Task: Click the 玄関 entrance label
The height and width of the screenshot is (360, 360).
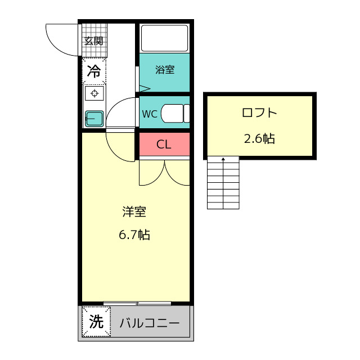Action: pyautogui.click(x=93, y=41)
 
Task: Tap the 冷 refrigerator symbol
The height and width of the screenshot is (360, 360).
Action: pyautogui.click(x=94, y=71)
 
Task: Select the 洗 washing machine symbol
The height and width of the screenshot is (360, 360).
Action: pyautogui.click(x=96, y=322)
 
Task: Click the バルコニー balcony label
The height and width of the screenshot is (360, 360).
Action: pyautogui.click(x=149, y=323)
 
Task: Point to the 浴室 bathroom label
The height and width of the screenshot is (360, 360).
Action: pyautogui.click(x=164, y=70)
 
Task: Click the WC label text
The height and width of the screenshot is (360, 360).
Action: pyautogui.click(x=149, y=114)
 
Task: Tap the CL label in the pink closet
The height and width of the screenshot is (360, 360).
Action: pyautogui.click(x=164, y=145)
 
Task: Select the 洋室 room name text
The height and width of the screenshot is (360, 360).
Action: pyautogui.click(x=134, y=212)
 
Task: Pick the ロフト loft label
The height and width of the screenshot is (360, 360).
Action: pyautogui.click(x=259, y=112)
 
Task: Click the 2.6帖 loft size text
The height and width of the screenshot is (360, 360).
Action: pyautogui.click(x=259, y=138)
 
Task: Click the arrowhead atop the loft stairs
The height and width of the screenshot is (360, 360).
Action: pyautogui.click(x=224, y=160)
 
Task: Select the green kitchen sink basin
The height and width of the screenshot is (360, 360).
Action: pyautogui.click(x=93, y=118)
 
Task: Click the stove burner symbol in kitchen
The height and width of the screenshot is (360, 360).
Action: pyautogui.click(x=94, y=93)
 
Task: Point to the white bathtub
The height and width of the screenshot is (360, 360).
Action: pyautogui.click(x=164, y=38)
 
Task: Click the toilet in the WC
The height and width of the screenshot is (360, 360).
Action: pyautogui.click(x=174, y=113)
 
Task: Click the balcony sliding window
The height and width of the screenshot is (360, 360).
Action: pyautogui.click(x=137, y=303)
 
